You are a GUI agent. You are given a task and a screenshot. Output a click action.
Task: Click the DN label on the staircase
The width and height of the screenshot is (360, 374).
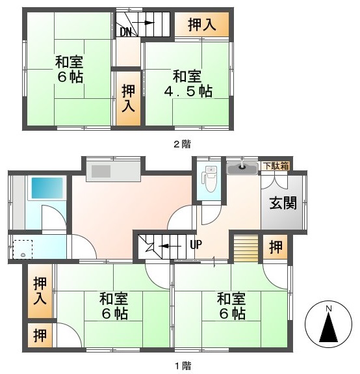pos(125,32)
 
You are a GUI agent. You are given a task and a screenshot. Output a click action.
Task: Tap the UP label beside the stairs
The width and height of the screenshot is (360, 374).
pos(196,244)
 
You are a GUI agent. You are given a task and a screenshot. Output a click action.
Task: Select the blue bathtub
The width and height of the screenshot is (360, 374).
pos(47,188)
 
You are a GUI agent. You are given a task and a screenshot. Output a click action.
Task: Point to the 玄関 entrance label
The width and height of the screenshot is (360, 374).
pos(283,203)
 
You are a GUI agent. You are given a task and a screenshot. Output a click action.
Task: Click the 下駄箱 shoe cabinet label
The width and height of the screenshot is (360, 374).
pos(277,166)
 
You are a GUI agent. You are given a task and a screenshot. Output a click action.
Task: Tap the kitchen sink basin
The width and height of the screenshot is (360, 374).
pos(101,171)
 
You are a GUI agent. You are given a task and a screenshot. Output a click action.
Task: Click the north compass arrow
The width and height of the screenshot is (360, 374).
pos(329,327)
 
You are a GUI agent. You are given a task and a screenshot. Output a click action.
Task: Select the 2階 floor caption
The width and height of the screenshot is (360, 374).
pos(182,144)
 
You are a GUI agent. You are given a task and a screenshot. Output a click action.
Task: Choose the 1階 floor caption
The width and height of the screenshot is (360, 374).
pos(183,366)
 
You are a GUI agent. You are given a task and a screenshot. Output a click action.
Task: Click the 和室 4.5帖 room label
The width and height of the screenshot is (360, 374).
pos(188,84)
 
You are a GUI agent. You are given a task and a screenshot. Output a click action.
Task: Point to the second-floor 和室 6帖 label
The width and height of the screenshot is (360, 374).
pos(69,69)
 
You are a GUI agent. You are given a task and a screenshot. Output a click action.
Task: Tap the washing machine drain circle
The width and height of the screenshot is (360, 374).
pos(23,255)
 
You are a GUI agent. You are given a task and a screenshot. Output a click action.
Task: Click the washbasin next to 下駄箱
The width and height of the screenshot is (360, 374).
pos(242,168)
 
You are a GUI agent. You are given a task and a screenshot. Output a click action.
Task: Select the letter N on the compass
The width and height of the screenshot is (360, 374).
pos(329,309)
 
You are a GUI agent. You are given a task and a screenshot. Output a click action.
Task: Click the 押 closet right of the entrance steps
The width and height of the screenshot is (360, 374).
pos(276,247)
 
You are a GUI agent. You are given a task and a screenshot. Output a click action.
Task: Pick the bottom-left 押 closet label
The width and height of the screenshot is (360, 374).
pos(40,336)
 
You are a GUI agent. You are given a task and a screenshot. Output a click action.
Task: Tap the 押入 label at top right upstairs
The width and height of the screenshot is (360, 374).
pos(202,25)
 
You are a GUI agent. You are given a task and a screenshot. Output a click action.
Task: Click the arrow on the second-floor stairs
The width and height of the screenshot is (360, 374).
pos(143,23)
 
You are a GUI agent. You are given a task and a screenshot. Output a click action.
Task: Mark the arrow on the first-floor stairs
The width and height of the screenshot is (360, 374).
pos(170,246)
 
